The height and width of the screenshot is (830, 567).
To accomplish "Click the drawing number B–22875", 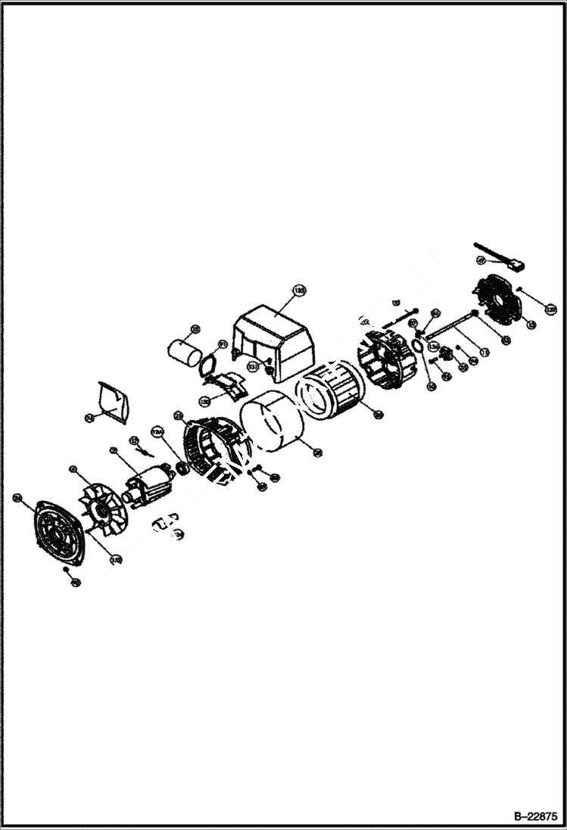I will (x=535, y=816).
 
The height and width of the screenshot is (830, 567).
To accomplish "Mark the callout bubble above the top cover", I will (x=300, y=290).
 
